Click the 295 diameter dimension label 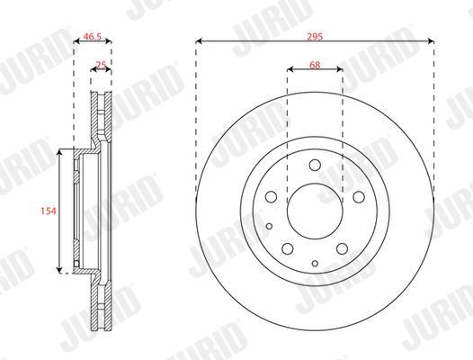[x=315, y=37]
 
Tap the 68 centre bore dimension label [x=315, y=65]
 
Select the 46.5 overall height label [x=93, y=37]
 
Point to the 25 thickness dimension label [x=101, y=65]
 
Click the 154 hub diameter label [x=49, y=211]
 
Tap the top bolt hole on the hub [x=315, y=165]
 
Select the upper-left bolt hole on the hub [x=271, y=197]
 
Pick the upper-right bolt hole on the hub [x=359, y=197]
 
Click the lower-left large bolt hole [x=288, y=248]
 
